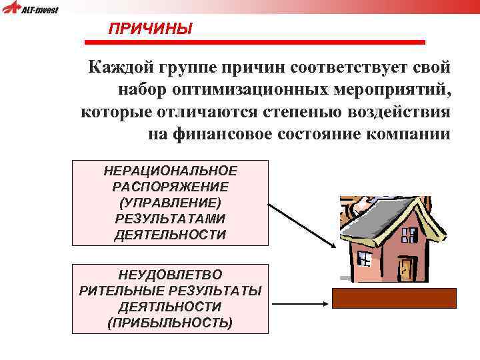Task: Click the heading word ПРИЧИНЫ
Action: click(150, 29)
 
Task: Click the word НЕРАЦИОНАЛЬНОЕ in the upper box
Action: click(170, 171)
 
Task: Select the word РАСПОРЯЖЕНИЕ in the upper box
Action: click(170, 187)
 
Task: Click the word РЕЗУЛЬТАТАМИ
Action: click(170, 219)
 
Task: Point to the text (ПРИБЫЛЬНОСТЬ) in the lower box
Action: click(170, 323)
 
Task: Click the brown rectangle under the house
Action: click(394, 298)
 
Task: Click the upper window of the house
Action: click(409, 234)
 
